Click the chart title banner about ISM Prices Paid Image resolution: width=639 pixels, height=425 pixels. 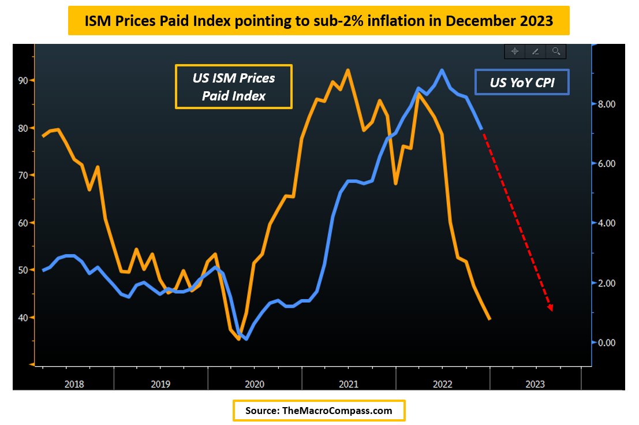pos(319,21)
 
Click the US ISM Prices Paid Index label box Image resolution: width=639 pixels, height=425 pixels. pos(234,87)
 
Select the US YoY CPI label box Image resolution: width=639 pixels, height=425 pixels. pos(522,83)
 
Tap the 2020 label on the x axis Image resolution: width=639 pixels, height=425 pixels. pos(255,383)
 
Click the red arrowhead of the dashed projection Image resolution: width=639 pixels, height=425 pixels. pos(551,308)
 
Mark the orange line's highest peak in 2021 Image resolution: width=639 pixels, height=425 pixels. pos(348,70)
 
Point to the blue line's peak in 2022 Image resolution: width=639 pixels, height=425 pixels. pos(442,70)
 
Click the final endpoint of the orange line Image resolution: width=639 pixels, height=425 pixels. pos(489,319)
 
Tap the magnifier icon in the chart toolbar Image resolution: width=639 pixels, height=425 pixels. pos(556,51)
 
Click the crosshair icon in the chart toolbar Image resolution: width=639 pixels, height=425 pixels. pos(514,51)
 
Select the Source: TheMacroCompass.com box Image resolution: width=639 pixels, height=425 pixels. pos(319,411)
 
